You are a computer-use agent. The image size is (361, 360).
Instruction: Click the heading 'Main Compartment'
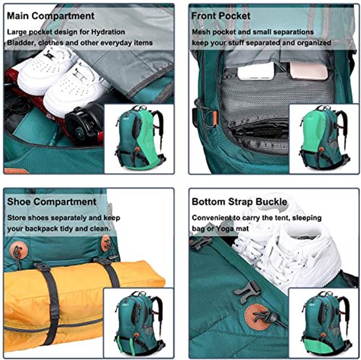(x=51, y=16)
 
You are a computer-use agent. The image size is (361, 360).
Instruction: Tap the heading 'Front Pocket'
(x=221, y=16)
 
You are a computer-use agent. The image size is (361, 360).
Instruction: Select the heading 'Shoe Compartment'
(x=52, y=202)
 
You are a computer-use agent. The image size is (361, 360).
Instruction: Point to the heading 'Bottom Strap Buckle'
(x=240, y=202)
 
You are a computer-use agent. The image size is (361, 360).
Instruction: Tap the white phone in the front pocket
(x=256, y=71)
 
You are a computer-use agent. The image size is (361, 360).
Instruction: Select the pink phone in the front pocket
(x=308, y=71)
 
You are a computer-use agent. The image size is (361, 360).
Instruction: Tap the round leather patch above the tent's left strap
(x=18, y=250)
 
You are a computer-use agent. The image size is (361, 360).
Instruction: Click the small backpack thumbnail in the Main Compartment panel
(x=140, y=138)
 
